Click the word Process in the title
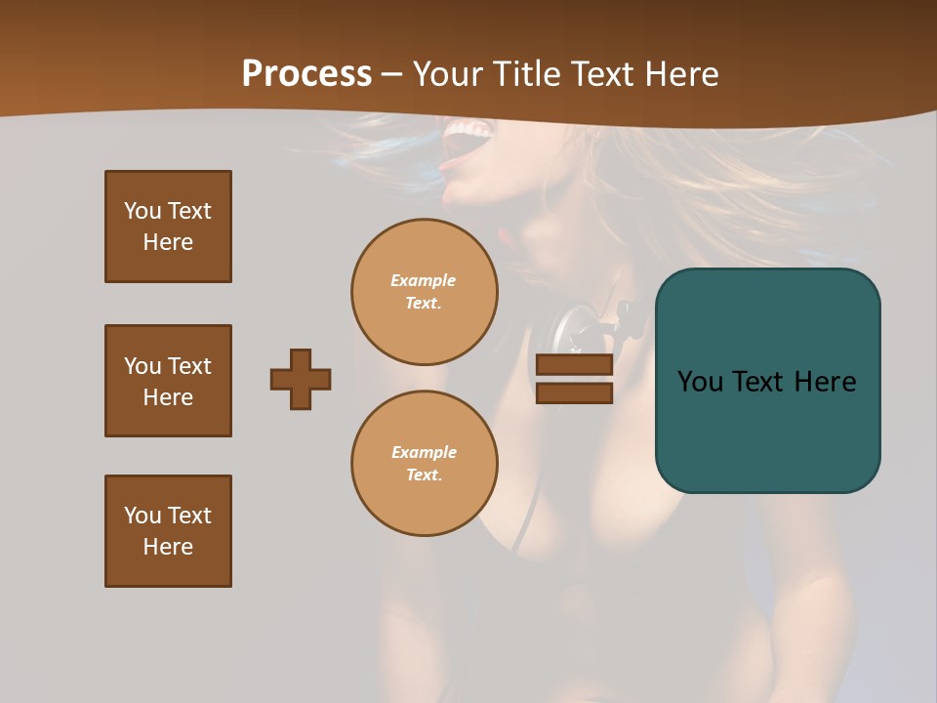point(306,74)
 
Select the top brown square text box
point(168,227)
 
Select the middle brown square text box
point(168,381)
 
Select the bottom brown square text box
point(168,531)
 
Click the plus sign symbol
point(301,379)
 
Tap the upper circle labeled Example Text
point(425,292)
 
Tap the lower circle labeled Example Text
point(425,464)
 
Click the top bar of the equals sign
point(574,365)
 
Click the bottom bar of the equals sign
point(574,393)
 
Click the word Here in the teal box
point(825,382)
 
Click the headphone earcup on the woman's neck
point(576,327)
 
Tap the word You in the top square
point(143,211)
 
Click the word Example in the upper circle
point(423,280)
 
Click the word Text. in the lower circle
point(424,476)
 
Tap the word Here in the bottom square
point(168,547)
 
